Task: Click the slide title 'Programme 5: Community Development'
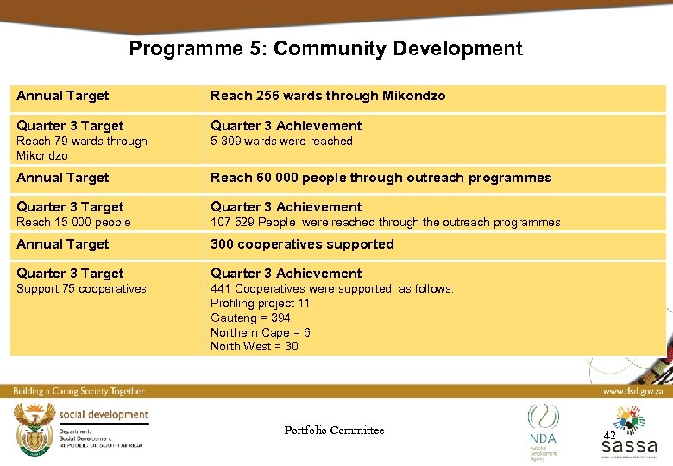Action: click(325, 48)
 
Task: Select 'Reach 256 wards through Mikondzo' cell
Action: click(328, 96)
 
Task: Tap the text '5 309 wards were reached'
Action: click(281, 142)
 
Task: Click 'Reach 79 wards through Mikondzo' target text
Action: click(82, 148)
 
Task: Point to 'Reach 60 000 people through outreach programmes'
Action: click(381, 178)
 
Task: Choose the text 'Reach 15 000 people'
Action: click(73, 223)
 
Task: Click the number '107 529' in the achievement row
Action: click(230, 223)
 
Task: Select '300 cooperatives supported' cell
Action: click(302, 244)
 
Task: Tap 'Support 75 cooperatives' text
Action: click(81, 289)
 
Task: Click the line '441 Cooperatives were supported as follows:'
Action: click(331, 289)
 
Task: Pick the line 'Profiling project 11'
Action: click(260, 304)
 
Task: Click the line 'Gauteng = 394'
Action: click(250, 318)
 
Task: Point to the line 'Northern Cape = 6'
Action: click(260, 332)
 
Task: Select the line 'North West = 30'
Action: click(254, 347)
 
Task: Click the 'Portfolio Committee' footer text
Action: click(334, 431)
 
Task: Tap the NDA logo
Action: click(543, 427)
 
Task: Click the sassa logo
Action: click(629, 436)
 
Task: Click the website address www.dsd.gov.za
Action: click(632, 391)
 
